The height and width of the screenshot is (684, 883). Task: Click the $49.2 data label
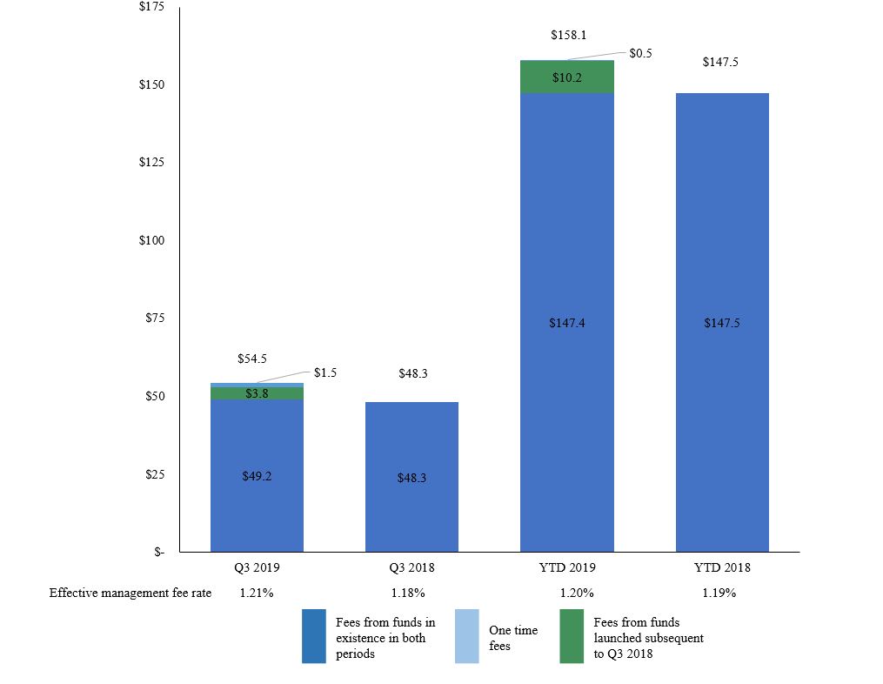pyautogui.click(x=257, y=476)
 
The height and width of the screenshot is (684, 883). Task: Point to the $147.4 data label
pyautogui.click(x=566, y=323)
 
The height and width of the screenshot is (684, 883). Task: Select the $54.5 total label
pyautogui.click(x=252, y=359)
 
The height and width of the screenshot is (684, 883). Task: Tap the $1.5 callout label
pyautogui.click(x=324, y=372)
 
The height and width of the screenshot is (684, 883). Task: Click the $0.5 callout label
pyautogui.click(x=641, y=53)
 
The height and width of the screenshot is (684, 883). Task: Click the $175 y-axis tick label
pyautogui.click(x=151, y=8)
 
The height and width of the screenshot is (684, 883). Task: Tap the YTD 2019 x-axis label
pyautogui.click(x=566, y=567)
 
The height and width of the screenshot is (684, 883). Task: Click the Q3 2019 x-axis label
pyautogui.click(x=257, y=567)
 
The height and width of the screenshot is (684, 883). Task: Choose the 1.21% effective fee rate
pyautogui.click(x=257, y=593)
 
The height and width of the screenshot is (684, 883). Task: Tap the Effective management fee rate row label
pyautogui.click(x=130, y=593)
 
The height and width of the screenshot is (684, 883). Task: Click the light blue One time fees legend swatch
pyautogui.click(x=466, y=636)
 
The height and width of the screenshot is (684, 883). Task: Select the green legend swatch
pyautogui.click(x=572, y=636)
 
